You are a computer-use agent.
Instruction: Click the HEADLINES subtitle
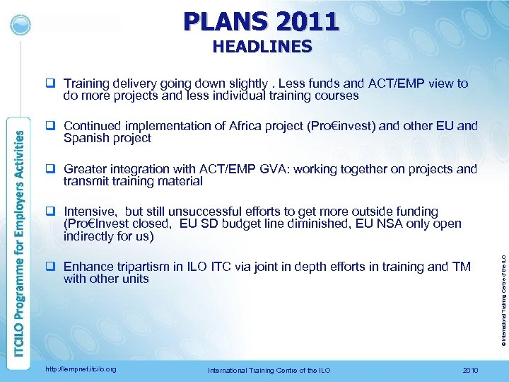pos(261,47)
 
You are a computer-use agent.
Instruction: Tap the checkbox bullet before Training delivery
pos(52,83)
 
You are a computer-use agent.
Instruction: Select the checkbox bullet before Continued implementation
pos(52,127)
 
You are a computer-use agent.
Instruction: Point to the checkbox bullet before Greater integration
pos(52,169)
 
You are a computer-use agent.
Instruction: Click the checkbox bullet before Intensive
pos(52,212)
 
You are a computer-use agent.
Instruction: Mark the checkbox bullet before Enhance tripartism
pos(52,267)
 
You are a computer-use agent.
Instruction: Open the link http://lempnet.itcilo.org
pos(81,369)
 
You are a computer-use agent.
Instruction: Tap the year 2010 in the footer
pos(469,369)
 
